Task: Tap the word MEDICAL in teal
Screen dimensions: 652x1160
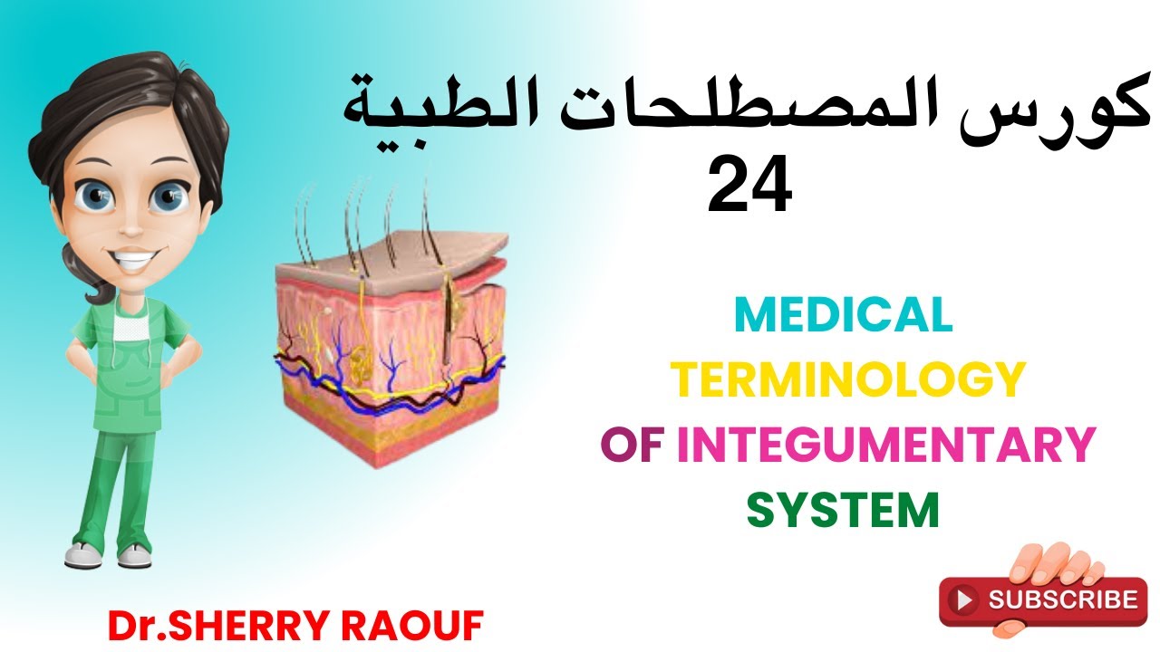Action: point(843,314)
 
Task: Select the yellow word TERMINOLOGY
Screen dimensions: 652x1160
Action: point(850,380)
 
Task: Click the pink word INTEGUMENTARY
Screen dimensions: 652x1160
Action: point(885,446)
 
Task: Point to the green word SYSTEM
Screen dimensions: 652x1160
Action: point(843,510)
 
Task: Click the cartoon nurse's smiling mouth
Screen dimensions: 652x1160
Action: point(133,262)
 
